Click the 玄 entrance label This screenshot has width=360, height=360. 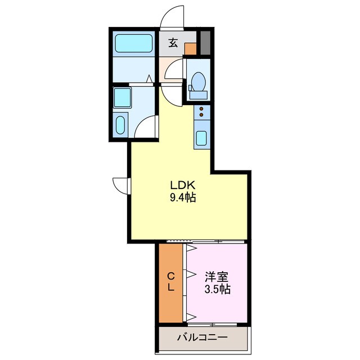coord(173,42)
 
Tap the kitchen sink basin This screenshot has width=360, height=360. coord(201,137)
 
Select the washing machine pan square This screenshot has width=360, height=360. coord(122,98)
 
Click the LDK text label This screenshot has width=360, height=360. coord(183,186)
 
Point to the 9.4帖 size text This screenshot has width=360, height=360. coord(183,198)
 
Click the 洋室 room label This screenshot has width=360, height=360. coord(217,277)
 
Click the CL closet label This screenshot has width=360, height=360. coord(170,281)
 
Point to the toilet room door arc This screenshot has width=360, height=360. coord(173,72)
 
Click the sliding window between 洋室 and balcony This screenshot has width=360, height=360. coord(217,325)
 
